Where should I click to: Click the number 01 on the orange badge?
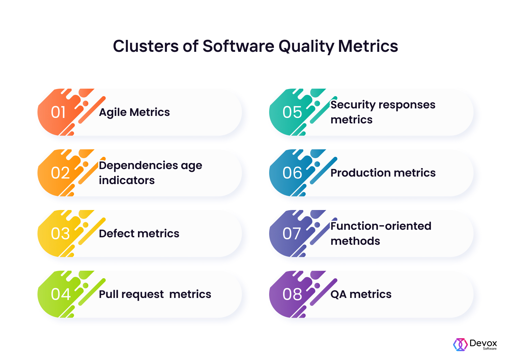(x=58, y=112)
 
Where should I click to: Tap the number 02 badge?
(x=60, y=173)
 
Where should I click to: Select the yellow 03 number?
(x=60, y=234)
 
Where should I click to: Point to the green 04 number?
(x=61, y=294)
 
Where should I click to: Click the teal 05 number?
(x=292, y=112)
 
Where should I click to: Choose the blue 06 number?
(x=292, y=173)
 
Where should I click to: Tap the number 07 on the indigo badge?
(x=292, y=234)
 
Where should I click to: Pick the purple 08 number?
(x=292, y=294)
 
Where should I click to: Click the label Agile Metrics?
(x=134, y=112)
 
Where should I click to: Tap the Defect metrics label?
(x=139, y=234)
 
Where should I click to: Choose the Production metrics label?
(x=383, y=173)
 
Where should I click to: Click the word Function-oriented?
(x=381, y=226)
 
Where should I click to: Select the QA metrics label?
(x=361, y=294)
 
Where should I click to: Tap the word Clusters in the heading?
(x=146, y=46)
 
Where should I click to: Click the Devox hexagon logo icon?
(x=460, y=345)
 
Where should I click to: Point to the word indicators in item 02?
(x=127, y=180)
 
